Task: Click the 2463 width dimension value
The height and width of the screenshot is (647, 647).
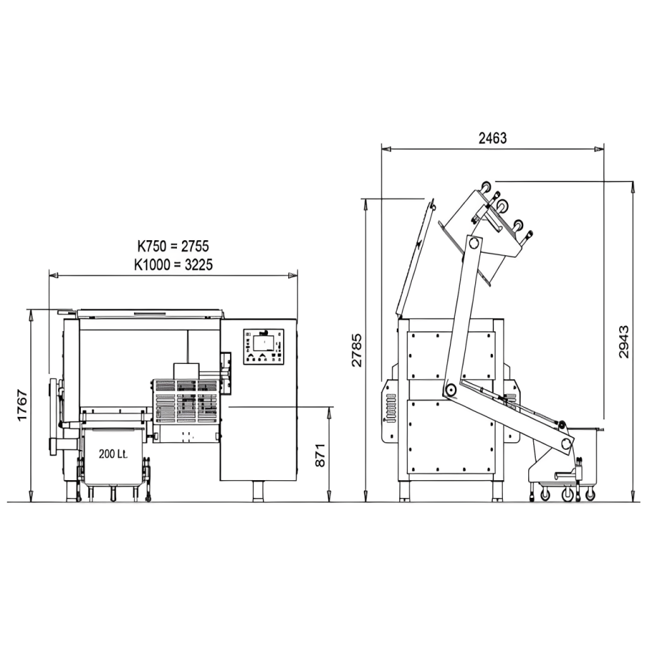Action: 492,138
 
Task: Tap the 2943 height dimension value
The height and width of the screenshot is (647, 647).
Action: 624,342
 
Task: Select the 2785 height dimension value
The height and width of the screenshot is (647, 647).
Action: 356,350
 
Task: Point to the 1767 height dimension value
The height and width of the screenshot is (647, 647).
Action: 22,405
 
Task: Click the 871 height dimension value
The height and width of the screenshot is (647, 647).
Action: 320,455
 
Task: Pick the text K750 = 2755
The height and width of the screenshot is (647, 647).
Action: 173,246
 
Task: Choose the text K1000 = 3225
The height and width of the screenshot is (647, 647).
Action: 173,264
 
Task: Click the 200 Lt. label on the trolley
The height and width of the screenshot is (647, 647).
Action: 113,454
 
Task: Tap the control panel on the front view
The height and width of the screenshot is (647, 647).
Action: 263,347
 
